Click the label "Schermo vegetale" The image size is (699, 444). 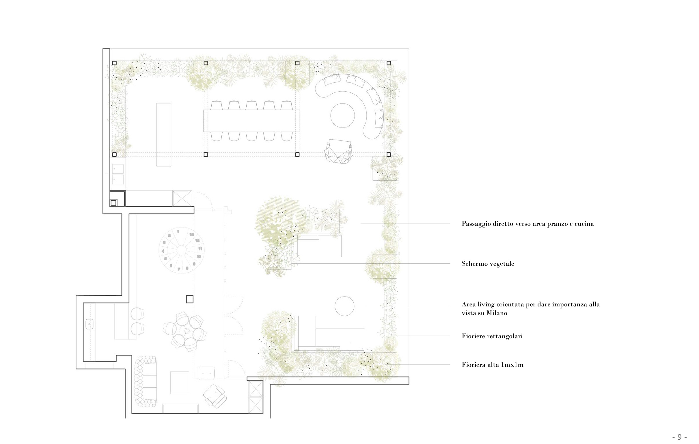tap(488, 264)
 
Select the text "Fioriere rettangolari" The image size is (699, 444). tap(492, 336)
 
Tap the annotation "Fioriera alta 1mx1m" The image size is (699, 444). tap(493, 365)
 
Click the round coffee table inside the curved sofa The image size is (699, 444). tap(342, 115)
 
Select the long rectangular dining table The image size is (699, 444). tap(252, 121)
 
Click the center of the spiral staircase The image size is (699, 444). tap(181, 250)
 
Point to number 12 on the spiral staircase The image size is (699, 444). tap(197, 240)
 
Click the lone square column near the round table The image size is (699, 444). tap(190, 299)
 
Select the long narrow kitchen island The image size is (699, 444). tap(164, 134)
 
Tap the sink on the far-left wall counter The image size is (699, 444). tap(90, 324)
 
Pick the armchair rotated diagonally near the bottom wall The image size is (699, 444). tap(215, 396)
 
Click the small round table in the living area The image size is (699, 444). tap(344, 306)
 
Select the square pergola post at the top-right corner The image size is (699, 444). tap(389, 63)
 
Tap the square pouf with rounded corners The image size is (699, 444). tap(207, 373)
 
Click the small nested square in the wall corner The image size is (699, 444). tap(113, 203)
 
